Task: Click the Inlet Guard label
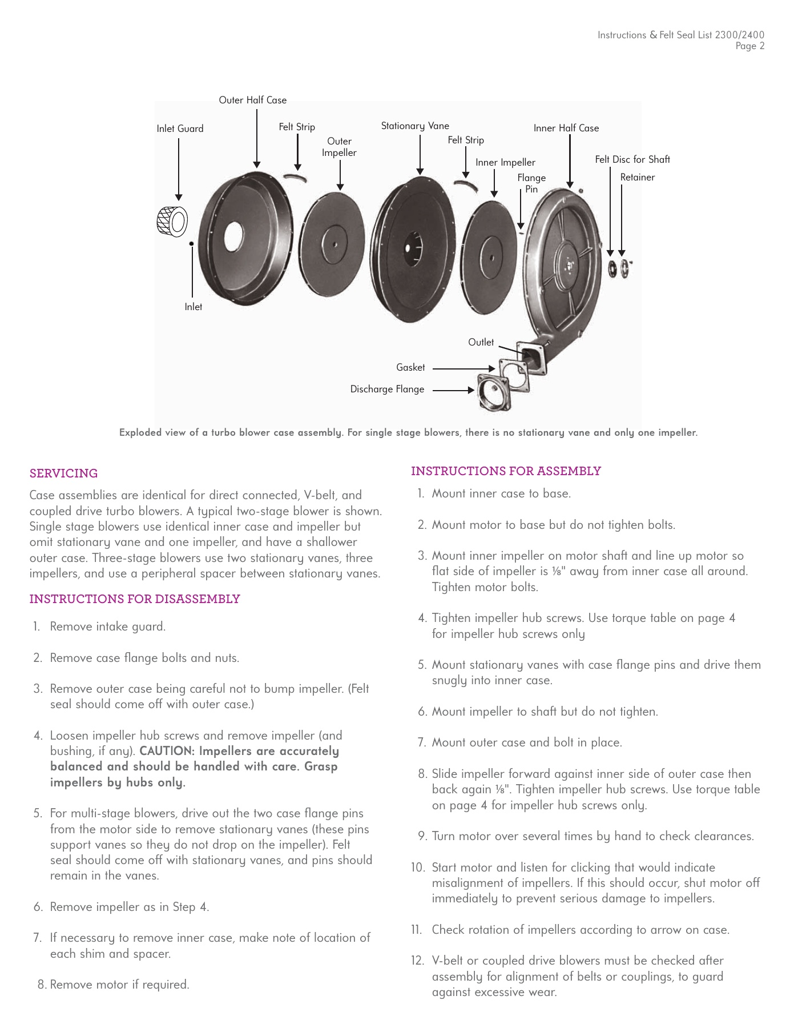click(x=180, y=128)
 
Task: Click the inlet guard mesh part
click(x=171, y=221)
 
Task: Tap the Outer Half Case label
click(x=252, y=100)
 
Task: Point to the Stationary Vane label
click(x=415, y=126)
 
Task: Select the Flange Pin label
click(x=531, y=183)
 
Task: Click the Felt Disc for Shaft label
click(x=632, y=159)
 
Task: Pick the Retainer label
click(x=637, y=177)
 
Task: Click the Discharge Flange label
click(x=387, y=389)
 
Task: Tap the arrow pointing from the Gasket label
click(x=463, y=368)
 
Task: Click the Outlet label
click(x=481, y=342)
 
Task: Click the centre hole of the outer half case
click(x=233, y=235)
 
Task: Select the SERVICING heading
click(x=63, y=473)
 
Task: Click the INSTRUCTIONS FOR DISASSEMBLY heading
click(x=135, y=599)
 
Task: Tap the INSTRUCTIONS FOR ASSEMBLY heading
click(x=506, y=471)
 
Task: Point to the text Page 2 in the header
click(x=749, y=46)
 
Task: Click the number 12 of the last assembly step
click(x=417, y=961)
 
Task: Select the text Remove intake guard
click(x=108, y=627)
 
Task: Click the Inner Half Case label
click(x=566, y=128)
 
